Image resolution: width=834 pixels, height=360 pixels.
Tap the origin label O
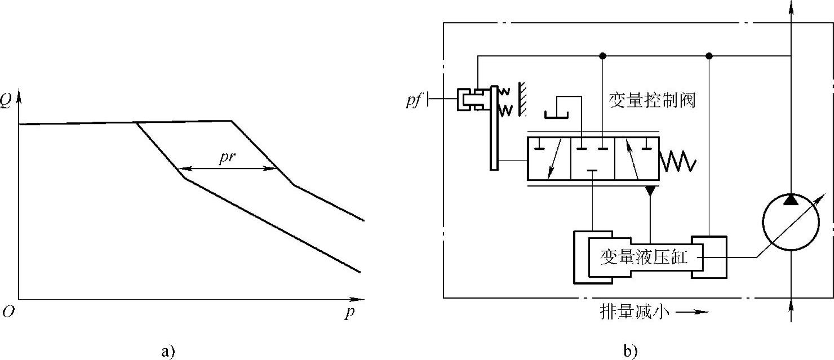coord(7,312)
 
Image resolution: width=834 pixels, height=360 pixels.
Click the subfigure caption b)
coord(630,352)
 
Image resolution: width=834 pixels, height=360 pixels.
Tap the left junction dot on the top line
coord(603,56)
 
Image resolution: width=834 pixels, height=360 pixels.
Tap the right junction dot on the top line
coord(709,56)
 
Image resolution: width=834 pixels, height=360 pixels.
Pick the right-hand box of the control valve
coord(637,159)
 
